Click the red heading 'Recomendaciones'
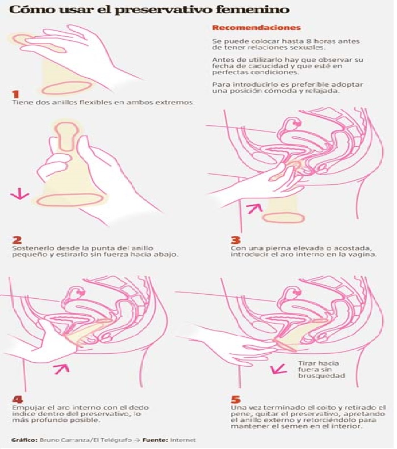pyautogui.click(x=257, y=28)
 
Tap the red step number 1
pyautogui.click(x=16, y=94)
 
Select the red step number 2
pyautogui.click(x=17, y=240)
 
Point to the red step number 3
pyautogui.click(x=235, y=240)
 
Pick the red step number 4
pyautogui.click(x=18, y=399)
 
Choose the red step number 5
pyautogui.click(x=236, y=399)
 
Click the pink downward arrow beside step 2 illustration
pyautogui.click(x=20, y=194)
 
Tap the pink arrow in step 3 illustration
pyautogui.click(x=254, y=208)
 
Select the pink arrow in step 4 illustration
pyautogui.click(x=62, y=368)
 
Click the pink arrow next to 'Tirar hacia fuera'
pyautogui.click(x=278, y=369)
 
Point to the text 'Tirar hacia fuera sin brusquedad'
pyautogui.click(x=321, y=370)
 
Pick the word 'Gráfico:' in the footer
pyautogui.click(x=24, y=440)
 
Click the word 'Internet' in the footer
pyautogui.click(x=183, y=440)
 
